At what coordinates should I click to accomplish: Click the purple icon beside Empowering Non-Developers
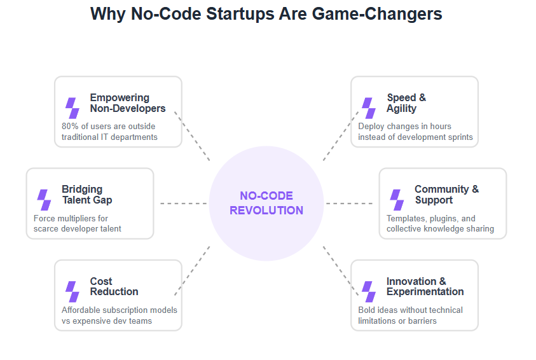[x=72, y=108]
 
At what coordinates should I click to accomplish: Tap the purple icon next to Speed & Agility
[x=369, y=108]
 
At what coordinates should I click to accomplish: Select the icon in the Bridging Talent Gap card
[x=44, y=200]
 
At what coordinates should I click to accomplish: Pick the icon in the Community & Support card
[x=397, y=200]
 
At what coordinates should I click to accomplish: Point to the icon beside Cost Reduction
[x=72, y=291]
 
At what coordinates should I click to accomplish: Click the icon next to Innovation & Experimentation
[x=369, y=291]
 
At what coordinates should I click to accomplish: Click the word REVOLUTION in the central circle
[x=266, y=211]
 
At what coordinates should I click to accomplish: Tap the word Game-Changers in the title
[x=377, y=14]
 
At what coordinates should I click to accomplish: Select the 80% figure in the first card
[x=70, y=126]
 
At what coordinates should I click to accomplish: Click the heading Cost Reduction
[x=114, y=286]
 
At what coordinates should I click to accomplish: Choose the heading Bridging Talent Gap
[x=87, y=194]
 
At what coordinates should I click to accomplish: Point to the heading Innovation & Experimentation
[x=425, y=286]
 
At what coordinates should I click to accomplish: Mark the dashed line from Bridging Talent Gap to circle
[x=184, y=204]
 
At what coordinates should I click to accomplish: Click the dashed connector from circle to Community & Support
[x=349, y=204]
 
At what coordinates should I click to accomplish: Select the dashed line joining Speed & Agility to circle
[x=341, y=135]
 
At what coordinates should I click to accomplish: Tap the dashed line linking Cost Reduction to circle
[x=192, y=271]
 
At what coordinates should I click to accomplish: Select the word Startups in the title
[x=240, y=14]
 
